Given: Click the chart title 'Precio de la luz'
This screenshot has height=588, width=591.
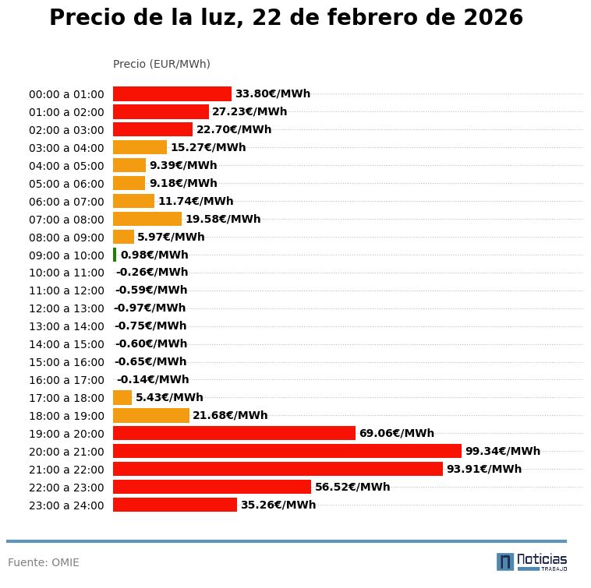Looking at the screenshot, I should (x=285, y=19).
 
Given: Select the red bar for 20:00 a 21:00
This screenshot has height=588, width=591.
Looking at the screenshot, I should (x=287, y=451).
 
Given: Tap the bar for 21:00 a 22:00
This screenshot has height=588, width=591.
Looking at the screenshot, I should (x=278, y=469).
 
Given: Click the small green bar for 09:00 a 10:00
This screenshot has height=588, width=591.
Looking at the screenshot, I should (x=115, y=255).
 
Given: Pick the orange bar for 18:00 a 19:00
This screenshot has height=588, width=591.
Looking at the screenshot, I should (x=151, y=415).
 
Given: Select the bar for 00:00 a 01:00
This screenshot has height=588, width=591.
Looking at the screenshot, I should (x=172, y=93).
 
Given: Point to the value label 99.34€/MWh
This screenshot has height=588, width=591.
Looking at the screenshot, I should (x=502, y=451).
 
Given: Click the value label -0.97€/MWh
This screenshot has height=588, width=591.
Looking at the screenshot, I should (x=150, y=308).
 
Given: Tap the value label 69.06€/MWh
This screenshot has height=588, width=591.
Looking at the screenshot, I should (x=396, y=433).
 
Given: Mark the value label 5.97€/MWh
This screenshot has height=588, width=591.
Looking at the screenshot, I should (x=171, y=237).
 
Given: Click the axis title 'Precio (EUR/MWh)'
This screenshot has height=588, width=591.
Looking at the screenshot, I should (x=161, y=64).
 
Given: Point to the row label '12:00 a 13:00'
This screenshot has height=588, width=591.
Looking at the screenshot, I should (x=66, y=308).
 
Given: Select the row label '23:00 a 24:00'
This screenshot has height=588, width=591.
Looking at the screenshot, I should (x=66, y=505).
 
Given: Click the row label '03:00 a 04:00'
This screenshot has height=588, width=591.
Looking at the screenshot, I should (x=66, y=148).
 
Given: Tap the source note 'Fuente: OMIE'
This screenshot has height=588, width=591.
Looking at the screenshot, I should (x=44, y=562).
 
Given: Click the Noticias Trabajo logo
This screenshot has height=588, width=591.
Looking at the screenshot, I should (x=531, y=562).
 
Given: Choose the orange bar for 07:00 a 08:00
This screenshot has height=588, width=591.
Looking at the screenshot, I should (x=147, y=219).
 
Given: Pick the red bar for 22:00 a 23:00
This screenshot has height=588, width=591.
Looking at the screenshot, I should (x=212, y=487).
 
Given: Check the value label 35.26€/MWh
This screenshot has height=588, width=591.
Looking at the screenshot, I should (x=278, y=505).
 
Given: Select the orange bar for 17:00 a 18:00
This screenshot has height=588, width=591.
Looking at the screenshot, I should (x=122, y=397).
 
